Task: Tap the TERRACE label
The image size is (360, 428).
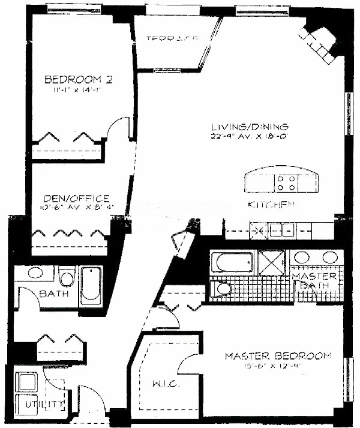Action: (x=172, y=40)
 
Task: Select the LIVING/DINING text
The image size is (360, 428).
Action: (x=250, y=127)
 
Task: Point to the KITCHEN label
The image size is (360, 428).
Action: (x=271, y=205)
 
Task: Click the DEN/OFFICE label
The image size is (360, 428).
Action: (x=76, y=199)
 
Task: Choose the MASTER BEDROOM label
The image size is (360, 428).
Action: (x=278, y=356)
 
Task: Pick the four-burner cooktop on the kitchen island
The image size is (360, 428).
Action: (x=286, y=182)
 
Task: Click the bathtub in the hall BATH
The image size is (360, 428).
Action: (x=91, y=284)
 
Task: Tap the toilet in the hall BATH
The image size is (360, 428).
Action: (x=67, y=278)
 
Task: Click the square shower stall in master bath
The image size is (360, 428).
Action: (x=272, y=263)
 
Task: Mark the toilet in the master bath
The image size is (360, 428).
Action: (x=223, y=289)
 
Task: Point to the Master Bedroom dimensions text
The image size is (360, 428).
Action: (x=278, y=367)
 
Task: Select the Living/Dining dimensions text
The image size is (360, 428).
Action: (x=250, y=137)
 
